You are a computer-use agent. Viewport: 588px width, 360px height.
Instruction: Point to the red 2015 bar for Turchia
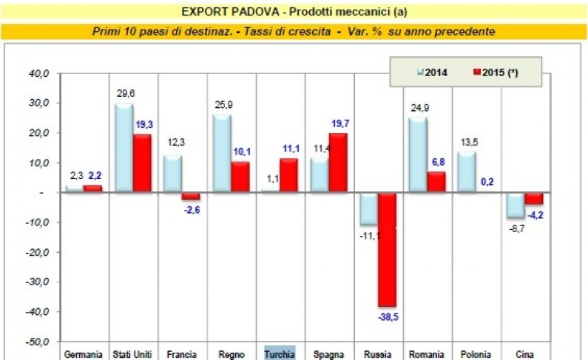[x=290, y=176]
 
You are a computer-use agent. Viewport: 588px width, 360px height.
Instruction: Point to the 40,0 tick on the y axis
[x=39, y=73]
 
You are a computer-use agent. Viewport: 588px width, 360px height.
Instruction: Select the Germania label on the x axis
[x=83, y=353]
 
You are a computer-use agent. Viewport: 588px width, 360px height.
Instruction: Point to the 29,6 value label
[x=126, y=94]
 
